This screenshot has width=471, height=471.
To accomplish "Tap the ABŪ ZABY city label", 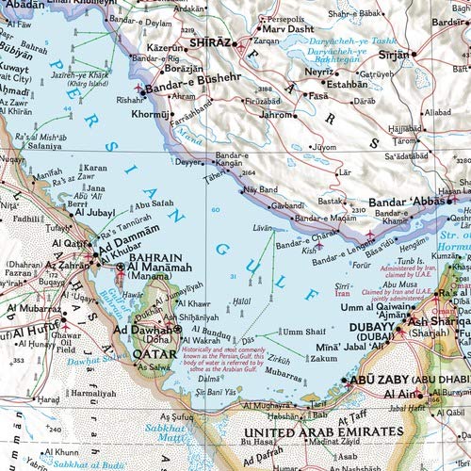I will tap(370, 380).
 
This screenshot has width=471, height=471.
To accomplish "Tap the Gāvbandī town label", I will tap(287, 204).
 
